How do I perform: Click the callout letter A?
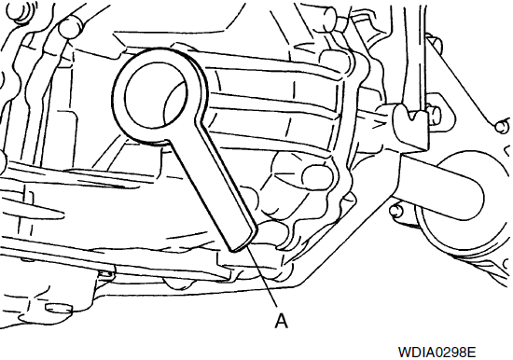tap(281, 321)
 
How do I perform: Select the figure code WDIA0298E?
tap(437, 353)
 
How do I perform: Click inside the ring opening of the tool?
tap(156, 97)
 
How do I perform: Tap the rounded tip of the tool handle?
tap(243, 242)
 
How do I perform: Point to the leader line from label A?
tap(263, 278)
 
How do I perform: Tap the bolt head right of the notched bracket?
tap(436, 113)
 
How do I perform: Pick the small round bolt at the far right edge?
tap(502, 127)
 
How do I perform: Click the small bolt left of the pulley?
tap(395, 210)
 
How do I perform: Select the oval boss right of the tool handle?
tap(317, 177)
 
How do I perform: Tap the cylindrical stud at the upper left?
tap(70, 28)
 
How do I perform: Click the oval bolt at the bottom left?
tap(59, 309)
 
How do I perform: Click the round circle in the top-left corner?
tap(18, 11)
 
